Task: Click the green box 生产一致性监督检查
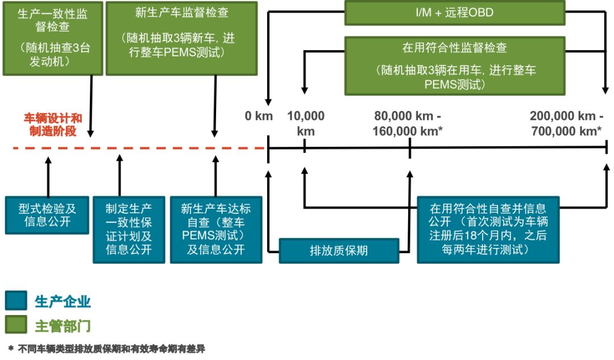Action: (x=53, y=38)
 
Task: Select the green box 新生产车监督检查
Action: (x=181, y=38)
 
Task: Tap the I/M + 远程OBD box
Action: (x=455, y=13)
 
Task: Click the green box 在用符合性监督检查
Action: (x=455, y=65)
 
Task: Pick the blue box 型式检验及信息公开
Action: (x=47, y=214)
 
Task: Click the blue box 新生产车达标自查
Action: (x=216, y=229)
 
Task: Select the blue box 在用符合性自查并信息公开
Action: (x=488, y=229)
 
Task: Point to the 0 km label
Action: (x=259, y=117)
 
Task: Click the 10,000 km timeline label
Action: (x=306, y=123)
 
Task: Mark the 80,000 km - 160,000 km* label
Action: (x=408, y=123)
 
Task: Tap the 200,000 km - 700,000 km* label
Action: (x=565, y=123)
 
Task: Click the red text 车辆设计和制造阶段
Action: (x=52, y=125)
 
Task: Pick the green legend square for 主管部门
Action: (x=16, y=325)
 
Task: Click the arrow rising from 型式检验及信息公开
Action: (x=48, y=176)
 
